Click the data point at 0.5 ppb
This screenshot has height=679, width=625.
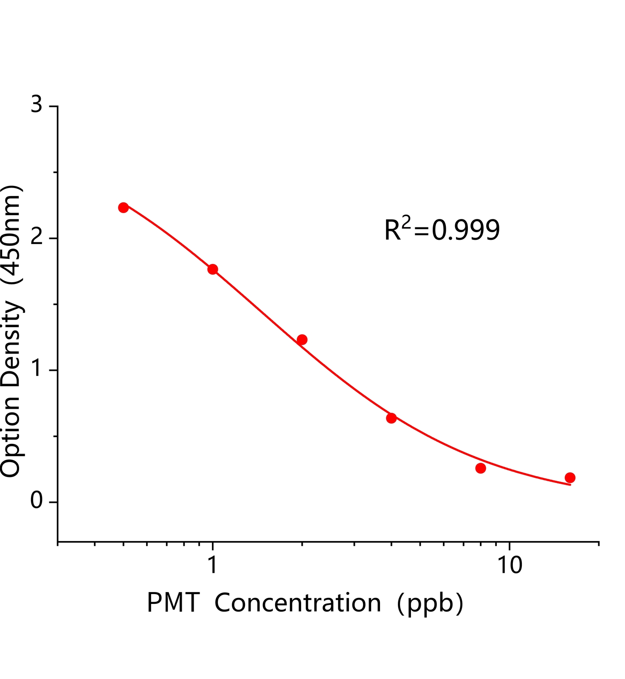click(x=124, y=208)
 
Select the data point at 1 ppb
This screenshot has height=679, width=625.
click(x=213, y=269)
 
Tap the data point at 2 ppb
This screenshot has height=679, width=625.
click(x=302, y=339)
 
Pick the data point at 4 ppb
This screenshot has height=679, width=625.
click(x=391, y=418)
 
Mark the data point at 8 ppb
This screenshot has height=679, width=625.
click(x=481, y=468)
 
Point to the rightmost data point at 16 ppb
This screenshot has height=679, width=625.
click(x=570, y=477)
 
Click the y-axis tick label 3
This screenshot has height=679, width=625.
click(x=37, y=104)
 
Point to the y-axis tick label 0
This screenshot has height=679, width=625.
click(x=37, y=501)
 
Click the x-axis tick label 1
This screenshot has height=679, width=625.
click(x=213, y=565)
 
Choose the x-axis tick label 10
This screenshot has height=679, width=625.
click(x=510, y=565)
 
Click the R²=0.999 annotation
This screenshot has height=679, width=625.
click(x=442, y=230)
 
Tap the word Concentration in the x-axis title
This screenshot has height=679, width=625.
click(x=298, y=603)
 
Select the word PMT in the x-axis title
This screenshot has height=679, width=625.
click(x=173, y=603)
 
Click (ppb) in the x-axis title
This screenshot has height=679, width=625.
click(x=430, y=603)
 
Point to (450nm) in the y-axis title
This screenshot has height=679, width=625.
click(x=11, y=234)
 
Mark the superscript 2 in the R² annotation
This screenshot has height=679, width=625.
click(x=407, y=221)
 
